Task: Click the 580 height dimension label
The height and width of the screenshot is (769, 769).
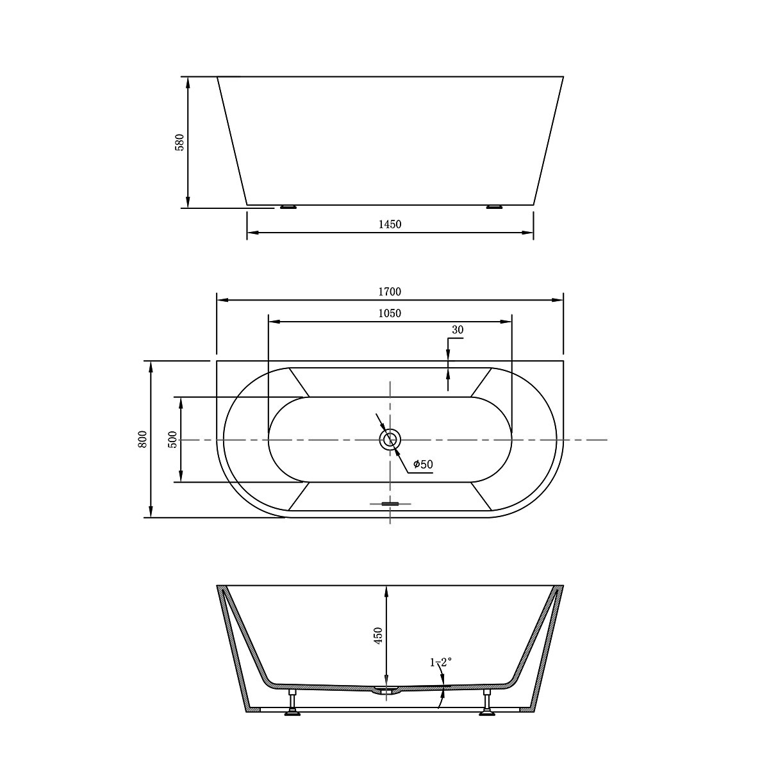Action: [180, 142]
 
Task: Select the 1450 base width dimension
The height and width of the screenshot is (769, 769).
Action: [390, 224]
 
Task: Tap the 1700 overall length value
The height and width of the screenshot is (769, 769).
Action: [390, 292]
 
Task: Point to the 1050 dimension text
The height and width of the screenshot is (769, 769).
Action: [390, 313]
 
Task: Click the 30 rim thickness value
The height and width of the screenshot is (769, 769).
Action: [458, 330]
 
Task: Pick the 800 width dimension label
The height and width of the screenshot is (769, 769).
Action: [143, 439]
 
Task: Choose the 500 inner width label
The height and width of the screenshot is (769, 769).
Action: [172, 439]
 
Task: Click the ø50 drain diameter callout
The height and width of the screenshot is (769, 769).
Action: [423, 464]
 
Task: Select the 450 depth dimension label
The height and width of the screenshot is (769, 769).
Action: [378, 636]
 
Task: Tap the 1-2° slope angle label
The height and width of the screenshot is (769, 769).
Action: [441, 662]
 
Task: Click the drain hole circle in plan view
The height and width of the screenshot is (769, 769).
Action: [390, 440]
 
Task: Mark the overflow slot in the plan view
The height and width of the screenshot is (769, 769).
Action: [390, 504]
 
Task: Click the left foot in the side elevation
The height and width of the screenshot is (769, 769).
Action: [288, 206]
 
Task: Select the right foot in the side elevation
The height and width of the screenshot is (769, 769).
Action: [495, 206]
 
